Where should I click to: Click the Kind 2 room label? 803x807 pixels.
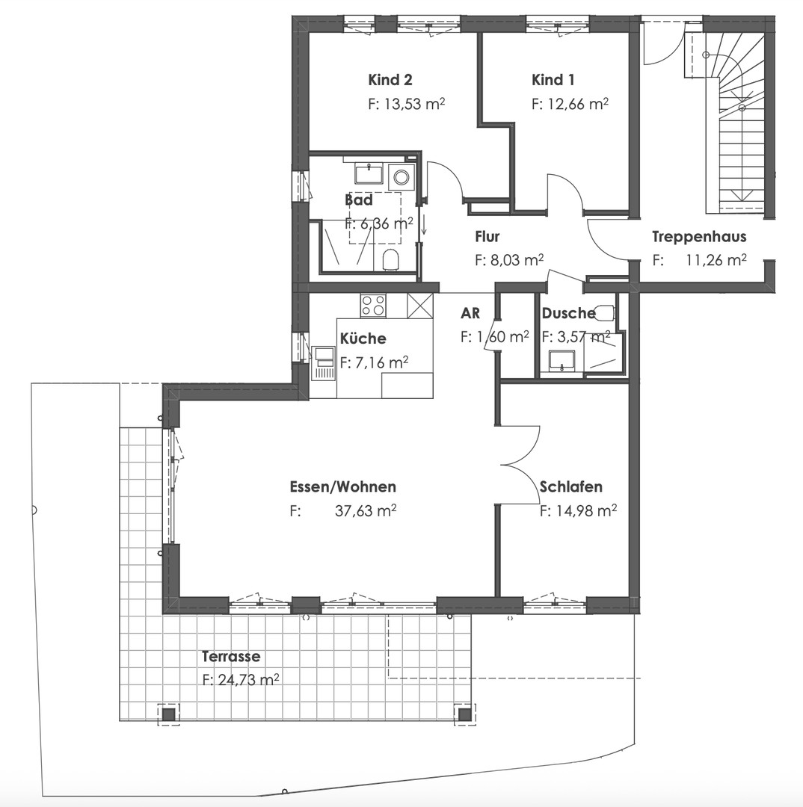point(390,80)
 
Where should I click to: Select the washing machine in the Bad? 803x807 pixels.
point(401,177)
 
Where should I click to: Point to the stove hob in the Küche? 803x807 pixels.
point(373,305)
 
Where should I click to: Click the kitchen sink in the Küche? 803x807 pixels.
point(324,362)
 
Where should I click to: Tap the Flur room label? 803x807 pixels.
point(487,238)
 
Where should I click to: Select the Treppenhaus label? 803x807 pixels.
point(698,238)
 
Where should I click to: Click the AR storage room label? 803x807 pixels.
point(470,313)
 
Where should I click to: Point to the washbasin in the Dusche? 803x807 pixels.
point(560,360)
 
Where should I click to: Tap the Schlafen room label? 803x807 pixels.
point(571,487)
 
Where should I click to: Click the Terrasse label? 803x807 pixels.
point(231,657)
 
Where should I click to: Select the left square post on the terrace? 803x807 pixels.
point(169,714)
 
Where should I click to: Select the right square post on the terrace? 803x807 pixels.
point(465,714)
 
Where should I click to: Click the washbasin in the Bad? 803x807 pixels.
point(369,174)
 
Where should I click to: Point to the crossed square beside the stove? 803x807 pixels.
point(420,306)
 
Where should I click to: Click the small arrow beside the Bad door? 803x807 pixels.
point(424,223)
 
